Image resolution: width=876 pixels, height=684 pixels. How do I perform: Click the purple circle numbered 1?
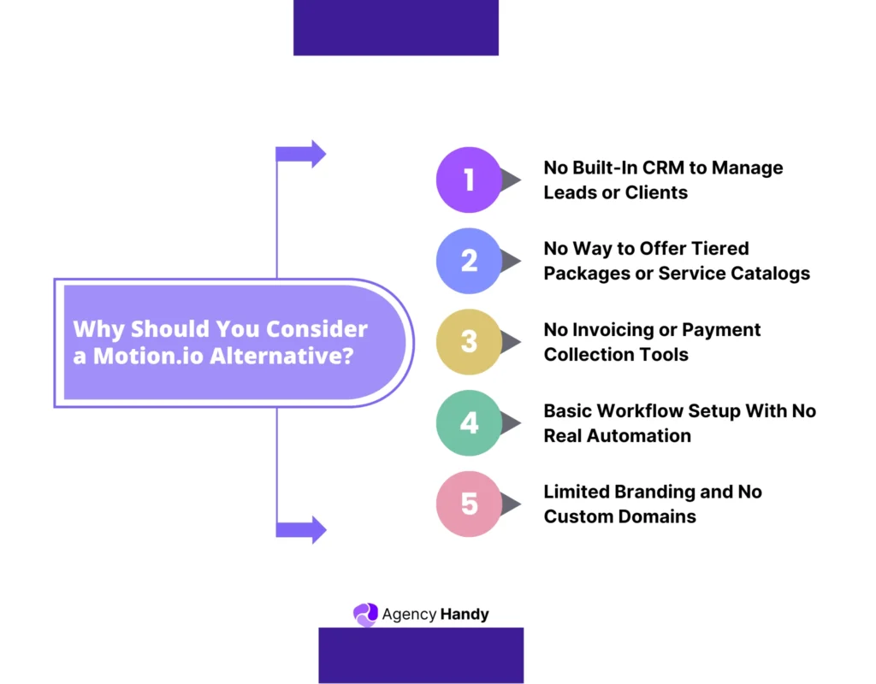[x=469, y=180]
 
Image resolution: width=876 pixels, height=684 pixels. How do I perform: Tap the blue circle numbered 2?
[x=469, y=261]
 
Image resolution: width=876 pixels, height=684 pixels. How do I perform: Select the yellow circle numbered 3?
[x=469, y=342]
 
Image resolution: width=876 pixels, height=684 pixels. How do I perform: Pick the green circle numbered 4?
[x=469, y=422]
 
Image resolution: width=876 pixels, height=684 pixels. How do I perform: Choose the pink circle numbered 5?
[x=469, y=504]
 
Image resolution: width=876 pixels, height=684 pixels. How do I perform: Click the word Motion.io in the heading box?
[x=147, y=356]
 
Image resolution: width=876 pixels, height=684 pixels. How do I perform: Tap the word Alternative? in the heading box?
[x=281, y=356]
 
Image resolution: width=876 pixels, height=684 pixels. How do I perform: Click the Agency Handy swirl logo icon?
[x=365, y=615]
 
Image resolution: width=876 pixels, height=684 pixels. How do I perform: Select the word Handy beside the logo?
[x=465, y=614]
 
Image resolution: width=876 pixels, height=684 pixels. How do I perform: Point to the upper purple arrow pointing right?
[x=301, y=154]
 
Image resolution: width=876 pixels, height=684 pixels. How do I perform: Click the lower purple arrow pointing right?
[x=301, y=529]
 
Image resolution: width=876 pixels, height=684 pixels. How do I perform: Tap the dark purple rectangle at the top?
[x=395, y=27]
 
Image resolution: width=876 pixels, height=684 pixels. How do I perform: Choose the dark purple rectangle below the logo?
[x=421, y=655]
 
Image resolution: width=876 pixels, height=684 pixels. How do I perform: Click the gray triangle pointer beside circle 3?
[x=510, y=342]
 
